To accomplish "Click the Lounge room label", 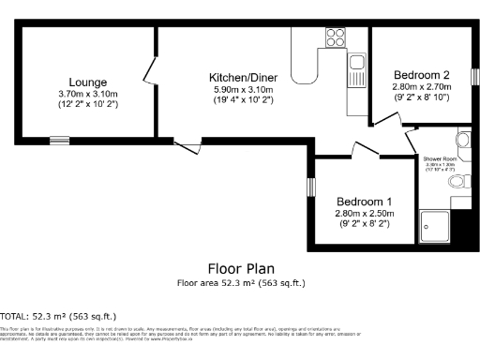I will [87, 82].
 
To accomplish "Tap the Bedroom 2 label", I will [421, 75].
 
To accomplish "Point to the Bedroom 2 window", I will [474, 75].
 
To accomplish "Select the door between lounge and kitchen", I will [150, 70].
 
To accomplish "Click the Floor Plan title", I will [241, 268].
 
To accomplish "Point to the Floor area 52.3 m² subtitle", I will [241, 282].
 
